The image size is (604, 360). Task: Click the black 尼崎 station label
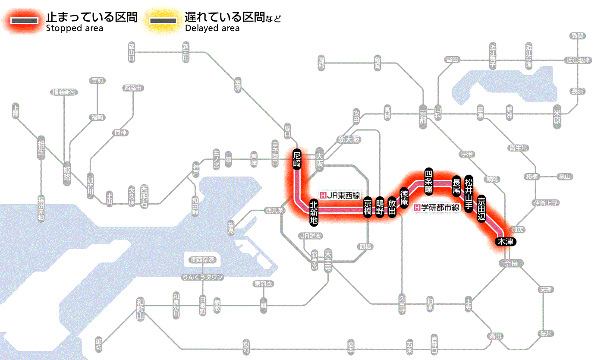coord(297,161)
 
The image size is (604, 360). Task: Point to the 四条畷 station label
coord(428,180)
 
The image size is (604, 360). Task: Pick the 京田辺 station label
coord(482,207)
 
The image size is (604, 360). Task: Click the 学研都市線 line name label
coord(438,208)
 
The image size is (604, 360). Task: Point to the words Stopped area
coord(74,28)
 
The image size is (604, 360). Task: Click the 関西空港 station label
coord(203,260)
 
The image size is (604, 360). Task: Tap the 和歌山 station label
coord(140,309)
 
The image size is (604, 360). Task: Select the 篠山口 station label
coord(132,52)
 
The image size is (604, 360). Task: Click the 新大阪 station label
coord(349,140)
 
